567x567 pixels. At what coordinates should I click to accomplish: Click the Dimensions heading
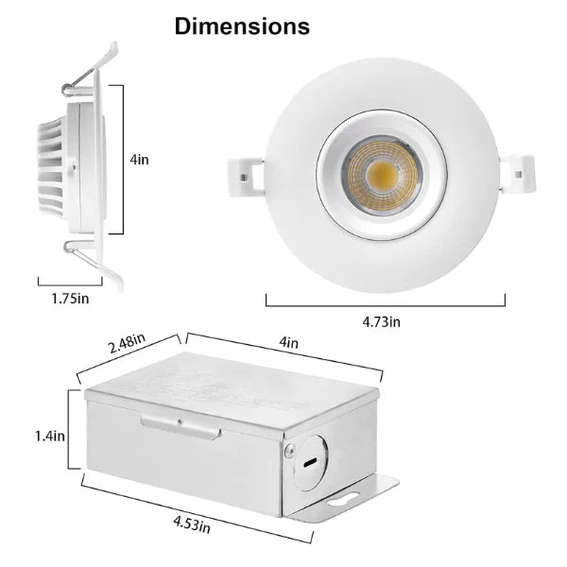click(x=242, y=26)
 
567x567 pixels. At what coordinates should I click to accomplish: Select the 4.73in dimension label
click(x=381, y=321)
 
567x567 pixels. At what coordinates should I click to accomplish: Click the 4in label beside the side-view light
click(x=140, y=160)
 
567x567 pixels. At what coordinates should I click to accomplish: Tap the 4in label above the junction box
click(x=288, y=341)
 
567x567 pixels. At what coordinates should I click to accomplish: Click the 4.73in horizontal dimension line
click(x=385, y=304)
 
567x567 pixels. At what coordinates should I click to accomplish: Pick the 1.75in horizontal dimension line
click(x=69, y=282)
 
